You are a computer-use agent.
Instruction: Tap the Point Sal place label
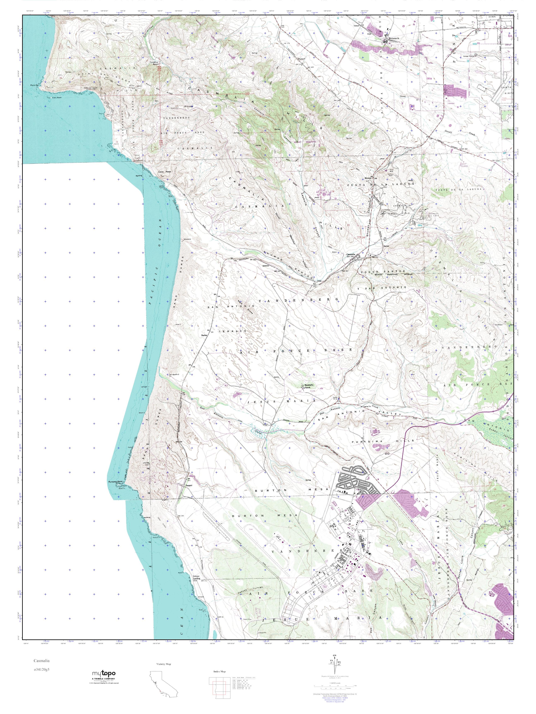34,85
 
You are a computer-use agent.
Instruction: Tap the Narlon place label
204,335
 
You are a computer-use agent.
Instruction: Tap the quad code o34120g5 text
42,669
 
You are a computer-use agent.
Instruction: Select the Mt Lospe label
188,107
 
